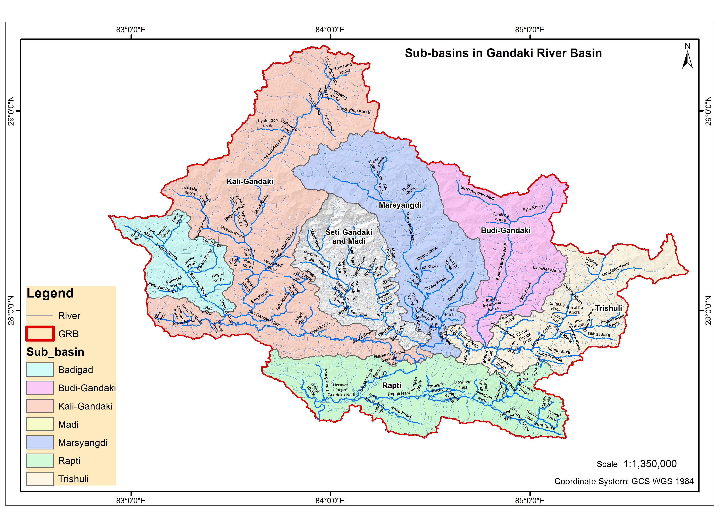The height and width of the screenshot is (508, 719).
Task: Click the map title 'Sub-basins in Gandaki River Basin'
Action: click(503, 53)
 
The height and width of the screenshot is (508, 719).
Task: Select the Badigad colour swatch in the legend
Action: click(40, 370)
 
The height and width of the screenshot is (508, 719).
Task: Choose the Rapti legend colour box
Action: click(40, 460)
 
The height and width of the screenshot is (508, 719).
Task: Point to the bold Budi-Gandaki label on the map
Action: click(505, 230)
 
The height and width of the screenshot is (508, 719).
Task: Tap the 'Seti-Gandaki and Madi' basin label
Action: click(349, 237)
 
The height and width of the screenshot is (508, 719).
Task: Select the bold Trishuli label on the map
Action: click(609, 308)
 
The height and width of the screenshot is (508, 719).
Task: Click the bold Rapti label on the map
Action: click(392, 385)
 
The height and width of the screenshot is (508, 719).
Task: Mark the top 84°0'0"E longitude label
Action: click(330, 30)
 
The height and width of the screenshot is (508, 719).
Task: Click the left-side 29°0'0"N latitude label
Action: click(11, 111)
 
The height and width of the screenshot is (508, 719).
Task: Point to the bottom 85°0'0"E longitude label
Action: click(529, 500)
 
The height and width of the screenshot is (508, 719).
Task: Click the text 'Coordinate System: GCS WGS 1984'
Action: click(624, 481)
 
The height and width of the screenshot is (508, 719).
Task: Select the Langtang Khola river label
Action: click(615, 269)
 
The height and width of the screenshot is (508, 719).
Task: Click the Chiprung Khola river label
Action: click(344, 69)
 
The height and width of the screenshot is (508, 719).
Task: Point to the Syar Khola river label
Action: click(533, 208)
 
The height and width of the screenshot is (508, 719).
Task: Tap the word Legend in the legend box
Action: click(50, 293)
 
